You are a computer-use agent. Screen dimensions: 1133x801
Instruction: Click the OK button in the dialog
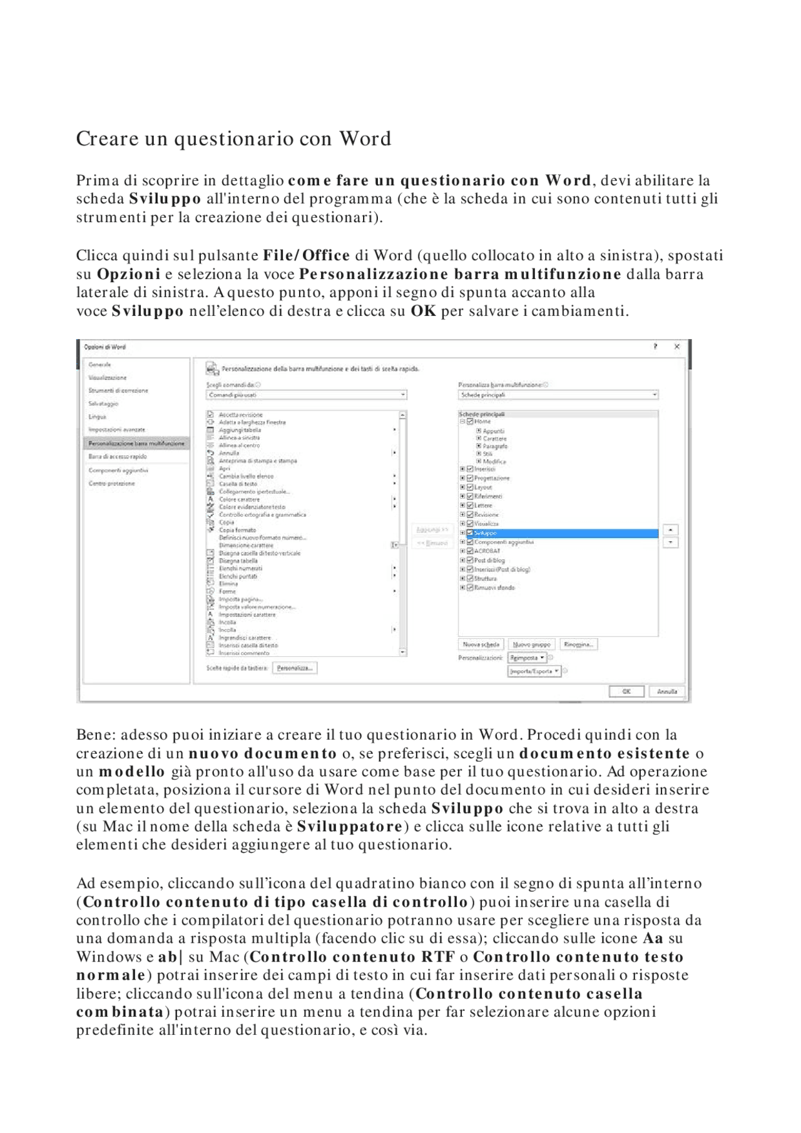point(626,691)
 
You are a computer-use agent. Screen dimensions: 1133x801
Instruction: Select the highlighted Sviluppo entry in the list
point(486,533)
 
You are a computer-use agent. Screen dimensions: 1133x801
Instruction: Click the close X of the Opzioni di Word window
point(676,347)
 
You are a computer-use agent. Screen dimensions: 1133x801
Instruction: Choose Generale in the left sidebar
point(100,364)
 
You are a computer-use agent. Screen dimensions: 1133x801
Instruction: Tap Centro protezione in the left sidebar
point(112,483)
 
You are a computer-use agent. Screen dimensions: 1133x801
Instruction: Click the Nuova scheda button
point(481,644)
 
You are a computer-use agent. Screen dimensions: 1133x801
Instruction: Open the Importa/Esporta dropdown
point(534,671)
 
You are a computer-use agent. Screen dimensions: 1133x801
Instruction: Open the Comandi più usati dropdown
point(307,395)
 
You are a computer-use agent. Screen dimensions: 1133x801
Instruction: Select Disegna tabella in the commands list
point(238,561)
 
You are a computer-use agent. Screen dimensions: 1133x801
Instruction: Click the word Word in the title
point(365,138)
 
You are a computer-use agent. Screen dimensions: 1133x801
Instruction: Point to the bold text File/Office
point(306,255)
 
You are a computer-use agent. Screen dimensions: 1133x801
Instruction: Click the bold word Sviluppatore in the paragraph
point(349,826)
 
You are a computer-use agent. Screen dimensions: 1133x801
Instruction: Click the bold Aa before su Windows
point(653,938)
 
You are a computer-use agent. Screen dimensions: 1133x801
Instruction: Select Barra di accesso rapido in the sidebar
point(118,457)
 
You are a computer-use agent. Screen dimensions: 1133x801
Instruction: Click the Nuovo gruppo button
point(531,644)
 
